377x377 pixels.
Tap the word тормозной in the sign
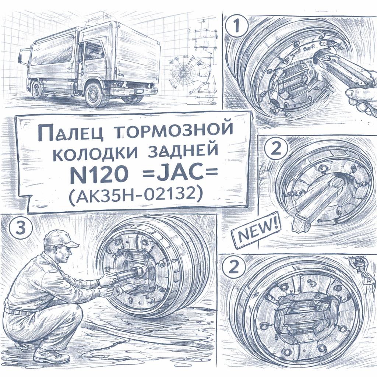[x=173, y=131]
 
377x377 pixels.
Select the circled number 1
[x=237, y=26]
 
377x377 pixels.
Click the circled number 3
[x=20, y=228]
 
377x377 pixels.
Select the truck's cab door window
[x=95, y=54]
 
